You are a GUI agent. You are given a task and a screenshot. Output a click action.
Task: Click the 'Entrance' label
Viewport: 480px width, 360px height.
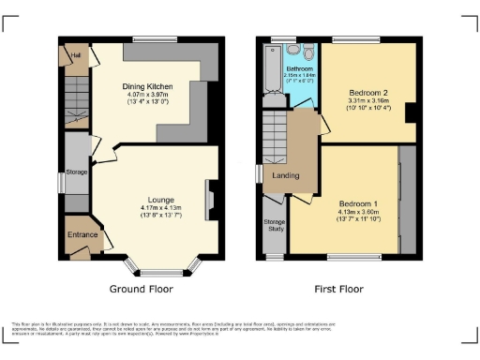(x=81, y=235)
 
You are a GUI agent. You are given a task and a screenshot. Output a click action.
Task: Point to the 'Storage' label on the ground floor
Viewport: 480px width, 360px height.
(x=77, y=172)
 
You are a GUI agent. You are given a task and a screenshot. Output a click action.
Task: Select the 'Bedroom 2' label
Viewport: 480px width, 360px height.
(x=368, y=95)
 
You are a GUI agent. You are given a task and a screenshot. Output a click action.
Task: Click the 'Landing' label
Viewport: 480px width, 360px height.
(x=285, y=175)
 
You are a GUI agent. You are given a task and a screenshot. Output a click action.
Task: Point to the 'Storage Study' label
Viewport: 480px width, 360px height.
(x=275, y=225)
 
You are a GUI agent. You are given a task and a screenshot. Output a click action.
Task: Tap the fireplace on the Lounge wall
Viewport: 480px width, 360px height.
(x=209, y=200)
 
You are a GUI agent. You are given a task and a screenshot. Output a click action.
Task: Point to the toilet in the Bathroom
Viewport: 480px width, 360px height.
(x=293, y=52)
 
